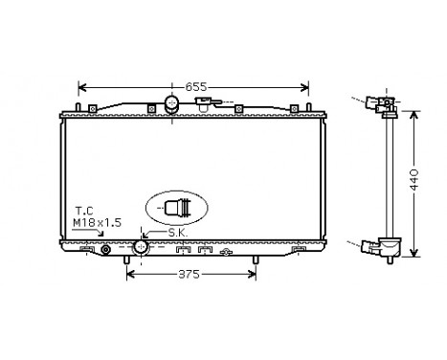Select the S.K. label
click(176, 233)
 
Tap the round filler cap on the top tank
click(172, 103)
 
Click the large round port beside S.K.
click(142, 247)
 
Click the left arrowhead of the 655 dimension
click(80, 85)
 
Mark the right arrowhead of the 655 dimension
click(305, 85)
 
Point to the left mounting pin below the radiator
click(128, 261)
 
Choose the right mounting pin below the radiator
click(256, 261)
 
